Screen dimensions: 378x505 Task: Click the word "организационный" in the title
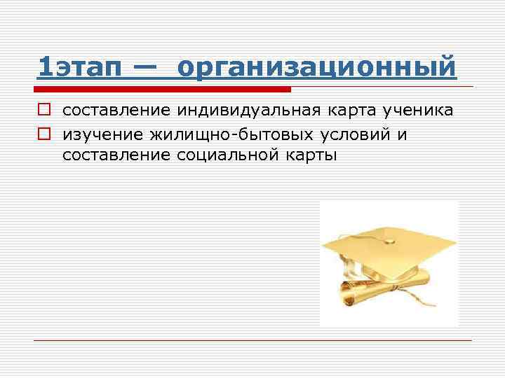click(x=317, y=68)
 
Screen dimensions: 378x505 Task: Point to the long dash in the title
click(x=145, y=68)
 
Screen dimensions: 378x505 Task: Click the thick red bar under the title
click(x=163, y=90)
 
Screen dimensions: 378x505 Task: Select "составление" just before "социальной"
click(x=116, y=155)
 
